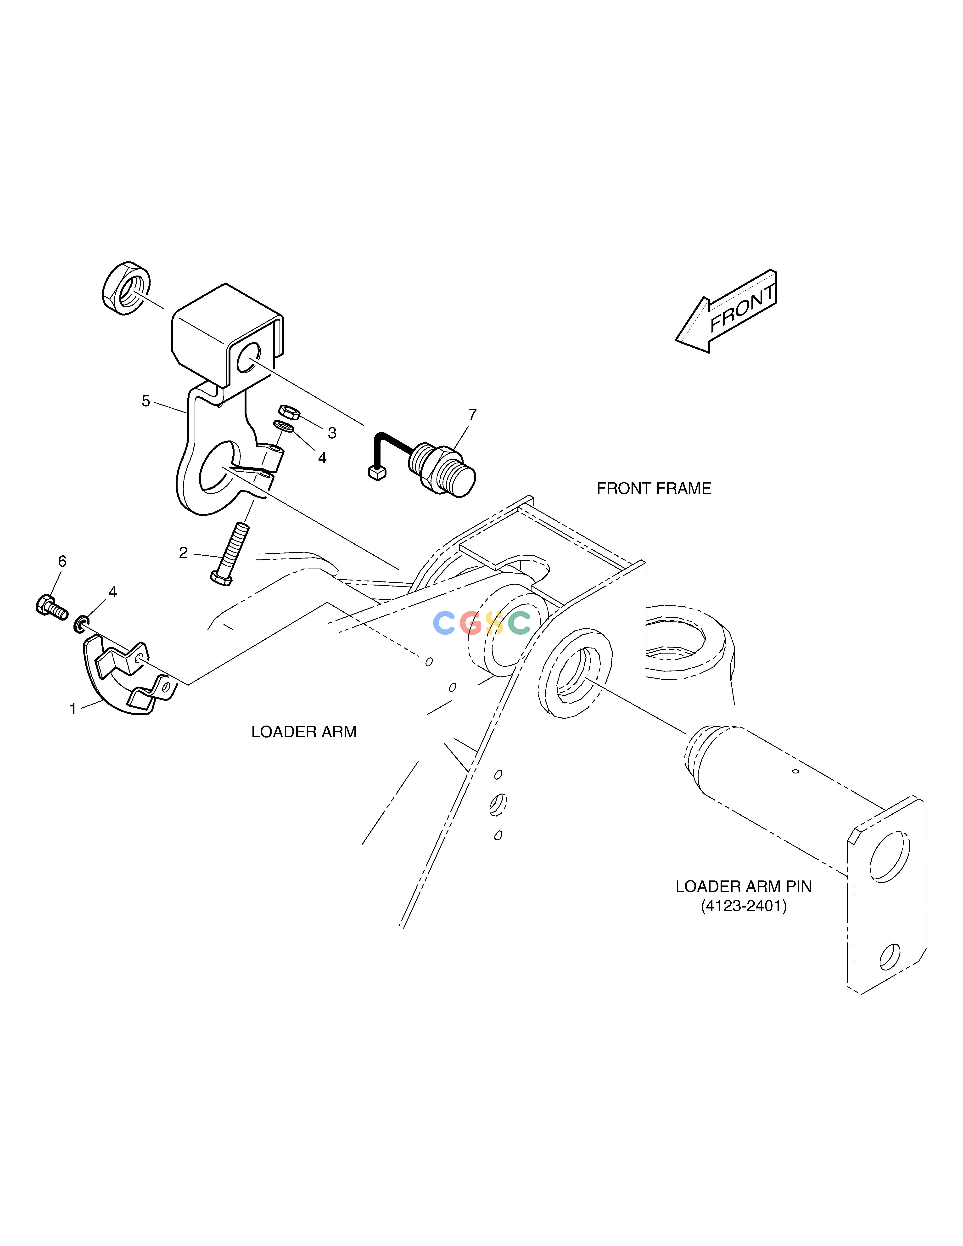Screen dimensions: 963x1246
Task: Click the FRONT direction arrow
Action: (726, 311)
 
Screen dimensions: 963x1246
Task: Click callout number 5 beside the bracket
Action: (146, 402)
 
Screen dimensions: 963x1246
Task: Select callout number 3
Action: (332, 433)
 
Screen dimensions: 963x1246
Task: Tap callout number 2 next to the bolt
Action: (183, 553)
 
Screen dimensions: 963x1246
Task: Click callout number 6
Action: (62, 561)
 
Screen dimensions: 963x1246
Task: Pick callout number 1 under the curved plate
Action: (73, 709)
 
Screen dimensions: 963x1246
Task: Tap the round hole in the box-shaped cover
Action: (249, 358)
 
